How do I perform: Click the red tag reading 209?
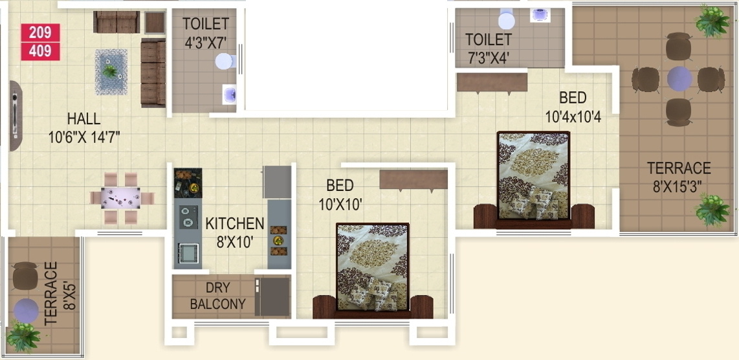(x=40, y=32)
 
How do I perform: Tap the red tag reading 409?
(x=40, y=51)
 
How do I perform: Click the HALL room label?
(x=83, y=119)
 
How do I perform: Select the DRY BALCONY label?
(x=217, y=296)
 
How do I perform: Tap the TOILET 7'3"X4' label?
(x=489, y=49)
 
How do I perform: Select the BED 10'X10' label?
(x=340, y=194)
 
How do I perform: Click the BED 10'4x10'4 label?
(x=573, y=107)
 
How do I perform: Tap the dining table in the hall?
(x=121, y=198)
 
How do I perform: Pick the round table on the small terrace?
(x=27, y=309)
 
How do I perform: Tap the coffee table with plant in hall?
(x=110, y=70)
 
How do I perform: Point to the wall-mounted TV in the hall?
(x=14, y=116)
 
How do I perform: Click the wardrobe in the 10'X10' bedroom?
(x=414, y=179)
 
